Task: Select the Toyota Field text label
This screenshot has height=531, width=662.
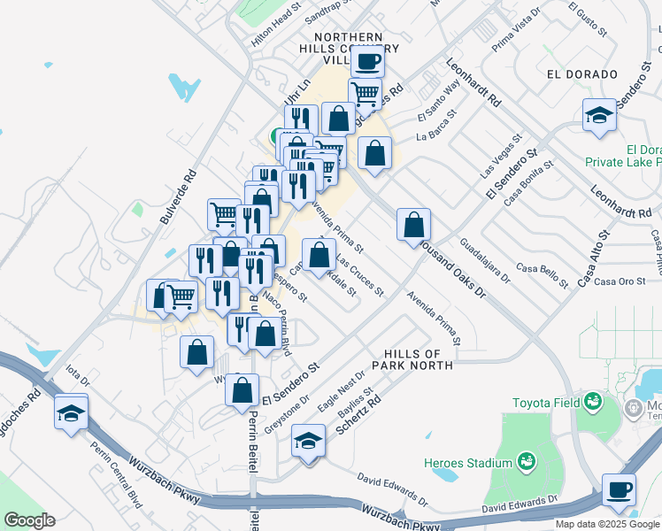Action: pyautogui.click(x=543, y=404)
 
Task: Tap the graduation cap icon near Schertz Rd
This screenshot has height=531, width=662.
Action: pyautogui.click(x=306, y=442)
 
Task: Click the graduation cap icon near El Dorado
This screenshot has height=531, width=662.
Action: pyautogui.click(x=599, y=115)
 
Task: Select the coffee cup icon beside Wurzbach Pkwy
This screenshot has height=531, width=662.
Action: pyautogui.click(x=619, y=489)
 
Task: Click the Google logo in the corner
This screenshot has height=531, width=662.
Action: pyautogui.click(x=29, y=520)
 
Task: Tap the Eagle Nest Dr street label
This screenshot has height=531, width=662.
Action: pyautogui.click(x=342, y=391)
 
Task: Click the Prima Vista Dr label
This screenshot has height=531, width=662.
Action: pyautogui.click(x=515, y=30)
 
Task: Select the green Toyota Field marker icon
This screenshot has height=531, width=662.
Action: pyautogui.click(x=590, y=404)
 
